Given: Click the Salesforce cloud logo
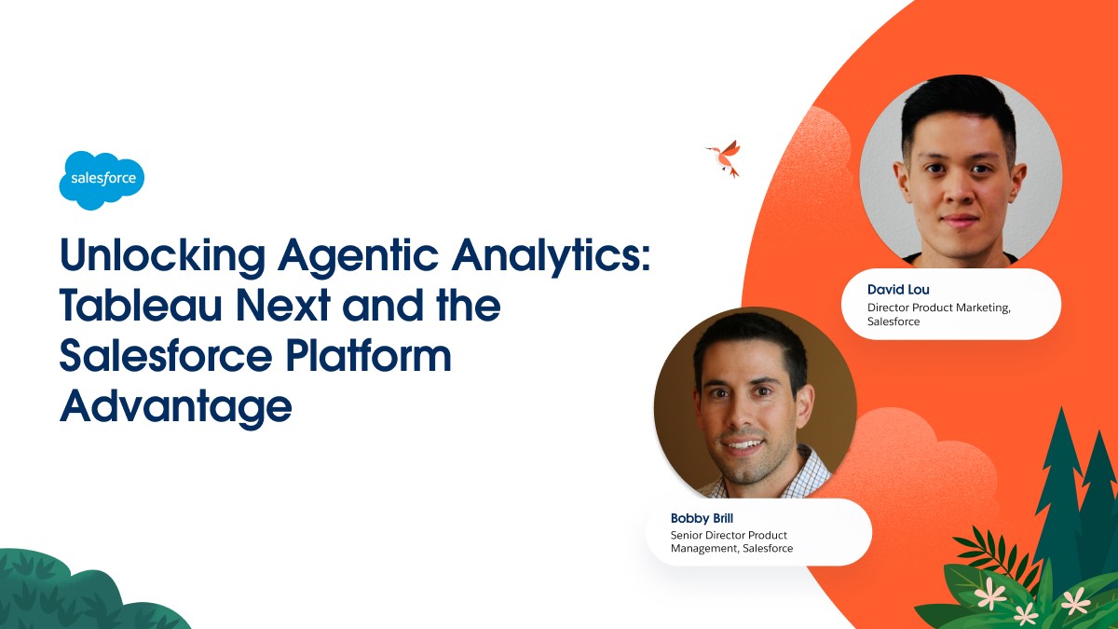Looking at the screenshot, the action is click(x=102, y=180).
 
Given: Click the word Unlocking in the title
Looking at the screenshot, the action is click(x=162, y=256).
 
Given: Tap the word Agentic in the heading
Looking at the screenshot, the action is click(x=359, y=256).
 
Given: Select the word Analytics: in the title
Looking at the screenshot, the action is click(x=551, y=256).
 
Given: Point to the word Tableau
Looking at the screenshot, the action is click(x=141, y=305).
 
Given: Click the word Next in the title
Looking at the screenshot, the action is click(x=282, y=305).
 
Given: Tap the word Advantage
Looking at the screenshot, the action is click(x=176, y=408).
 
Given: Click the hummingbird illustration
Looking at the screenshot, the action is click(x=725, y=158).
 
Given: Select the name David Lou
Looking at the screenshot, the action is click(x=898, y=290).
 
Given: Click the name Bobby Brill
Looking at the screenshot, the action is click(x=702, y=518).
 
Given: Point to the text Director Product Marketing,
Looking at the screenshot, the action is click(x=939, y=308).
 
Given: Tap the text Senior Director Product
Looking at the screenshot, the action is click(x=729, y=535).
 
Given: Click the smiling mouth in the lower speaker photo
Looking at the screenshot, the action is click(x=743, y=444).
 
